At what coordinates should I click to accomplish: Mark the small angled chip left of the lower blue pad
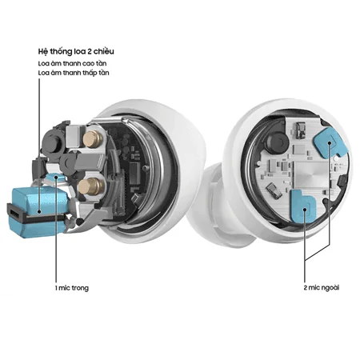point(276,193)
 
